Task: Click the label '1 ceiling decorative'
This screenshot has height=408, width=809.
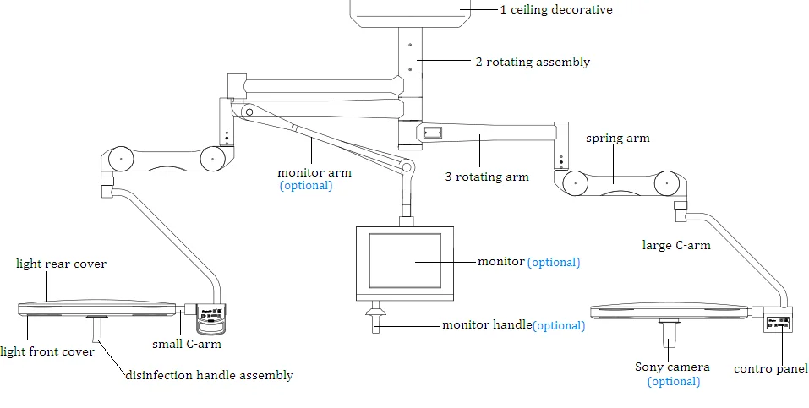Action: tap(556, 9)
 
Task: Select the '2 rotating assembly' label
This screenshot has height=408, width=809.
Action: tap(533, 62)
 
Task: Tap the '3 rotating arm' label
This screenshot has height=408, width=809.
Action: tap(487, 177)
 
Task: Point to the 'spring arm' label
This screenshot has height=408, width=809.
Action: tap(618, 139)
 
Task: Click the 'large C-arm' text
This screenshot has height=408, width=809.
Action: tap(676, 245)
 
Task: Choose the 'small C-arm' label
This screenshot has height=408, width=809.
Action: tap(187, 344)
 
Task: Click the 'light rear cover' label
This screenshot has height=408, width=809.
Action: tap(61, 264)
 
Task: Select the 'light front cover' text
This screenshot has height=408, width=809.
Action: tap(47, 351)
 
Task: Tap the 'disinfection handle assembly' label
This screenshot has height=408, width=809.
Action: tap(210, 375)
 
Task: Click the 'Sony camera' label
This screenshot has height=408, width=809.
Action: tap(672, 367)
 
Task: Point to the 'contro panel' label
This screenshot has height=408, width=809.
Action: tap(771, 369)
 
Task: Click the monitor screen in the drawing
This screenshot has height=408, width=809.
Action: tap(405, 260)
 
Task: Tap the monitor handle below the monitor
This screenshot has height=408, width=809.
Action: tap(375, 317)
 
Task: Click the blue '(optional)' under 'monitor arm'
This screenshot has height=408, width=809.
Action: tap(306, 186)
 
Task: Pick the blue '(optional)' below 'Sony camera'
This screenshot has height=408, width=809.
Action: tap(674, 382)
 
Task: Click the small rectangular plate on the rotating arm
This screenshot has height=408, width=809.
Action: tap(432, 133)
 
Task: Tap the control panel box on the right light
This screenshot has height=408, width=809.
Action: tap(778, 324)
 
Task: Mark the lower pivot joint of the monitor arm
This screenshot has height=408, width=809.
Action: tap(407, 167)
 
